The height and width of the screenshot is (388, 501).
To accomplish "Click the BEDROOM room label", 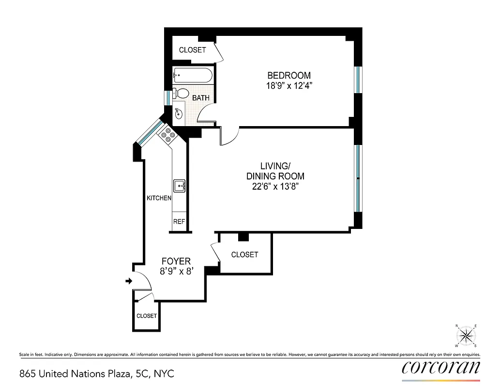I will tap(289, 75).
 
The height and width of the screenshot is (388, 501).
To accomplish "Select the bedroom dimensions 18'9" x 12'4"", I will tap(289, 86).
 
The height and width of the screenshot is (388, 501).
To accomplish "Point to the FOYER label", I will tap(176, 261).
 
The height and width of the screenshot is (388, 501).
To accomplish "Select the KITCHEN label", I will tap(159, 198).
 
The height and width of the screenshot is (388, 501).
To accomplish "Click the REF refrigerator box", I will tap(179, 221).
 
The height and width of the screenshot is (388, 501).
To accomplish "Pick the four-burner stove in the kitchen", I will tap(169, 135).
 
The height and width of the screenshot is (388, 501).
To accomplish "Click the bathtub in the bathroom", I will tap(193, 76).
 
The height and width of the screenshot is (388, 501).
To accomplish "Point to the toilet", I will tap(182, 93).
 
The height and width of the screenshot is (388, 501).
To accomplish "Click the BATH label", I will tap(201, 98).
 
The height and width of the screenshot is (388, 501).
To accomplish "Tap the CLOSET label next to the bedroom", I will tap(192, 50).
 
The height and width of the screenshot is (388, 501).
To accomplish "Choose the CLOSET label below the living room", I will tap(244, 255).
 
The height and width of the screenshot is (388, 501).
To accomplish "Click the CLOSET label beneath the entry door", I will tap(146, 316).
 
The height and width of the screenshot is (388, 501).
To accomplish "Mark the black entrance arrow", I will tap(128, 281).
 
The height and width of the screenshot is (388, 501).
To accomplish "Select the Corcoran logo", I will tap(441, 367).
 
